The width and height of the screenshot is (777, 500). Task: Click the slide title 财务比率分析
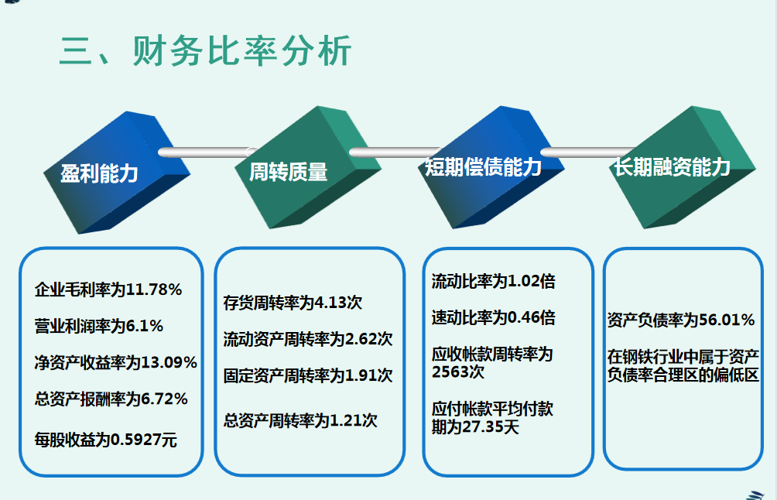[205, 51]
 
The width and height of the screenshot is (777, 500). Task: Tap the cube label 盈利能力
[99, 173]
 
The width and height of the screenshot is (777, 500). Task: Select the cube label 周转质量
[288, 172]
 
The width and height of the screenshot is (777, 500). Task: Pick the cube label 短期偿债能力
[482, 167]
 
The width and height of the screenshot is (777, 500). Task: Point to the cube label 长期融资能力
[672, 166]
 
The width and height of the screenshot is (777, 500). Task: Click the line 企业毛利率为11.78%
[108, 290]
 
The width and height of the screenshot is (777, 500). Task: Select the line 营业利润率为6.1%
[99, 326]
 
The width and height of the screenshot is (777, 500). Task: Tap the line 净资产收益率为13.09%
[116, 362]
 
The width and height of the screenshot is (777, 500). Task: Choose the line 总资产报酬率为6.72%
[111, 399]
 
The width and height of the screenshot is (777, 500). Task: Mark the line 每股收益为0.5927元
[106, 440]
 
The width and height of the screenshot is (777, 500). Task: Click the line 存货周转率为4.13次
[293, 303]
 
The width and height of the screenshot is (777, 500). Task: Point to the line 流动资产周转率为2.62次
[308, 339]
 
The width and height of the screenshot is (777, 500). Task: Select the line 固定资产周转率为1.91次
[308, 376]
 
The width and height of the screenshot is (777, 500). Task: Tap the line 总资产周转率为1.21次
[300, 421]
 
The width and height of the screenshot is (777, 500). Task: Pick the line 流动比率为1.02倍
[493, 282]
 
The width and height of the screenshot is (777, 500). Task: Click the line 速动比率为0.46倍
[493, 317]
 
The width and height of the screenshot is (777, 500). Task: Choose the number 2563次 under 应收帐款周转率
[458, 372]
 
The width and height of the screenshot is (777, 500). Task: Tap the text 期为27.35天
[475, 426]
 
